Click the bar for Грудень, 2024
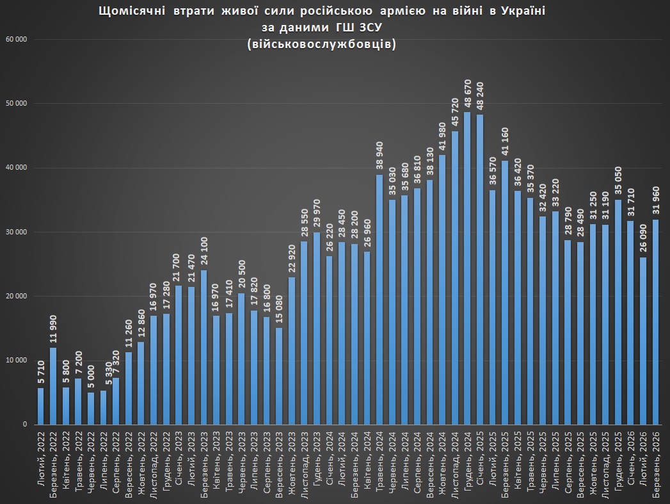pos(467,269)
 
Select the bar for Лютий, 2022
pos(40,406)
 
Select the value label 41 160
pos(505,142)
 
